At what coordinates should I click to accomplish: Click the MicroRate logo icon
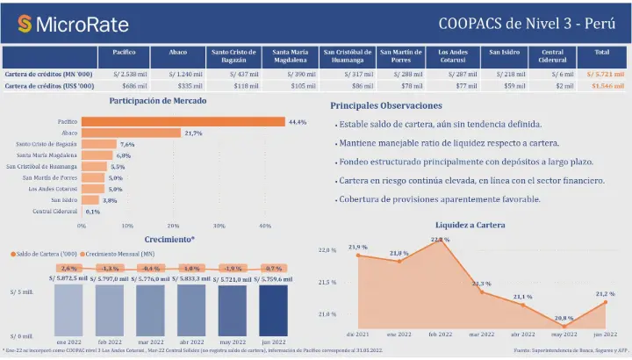[25, 23]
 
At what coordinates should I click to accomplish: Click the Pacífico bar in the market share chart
[183, 121]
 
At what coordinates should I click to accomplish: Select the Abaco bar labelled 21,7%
[132, 133]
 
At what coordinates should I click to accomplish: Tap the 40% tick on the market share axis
[265, 226]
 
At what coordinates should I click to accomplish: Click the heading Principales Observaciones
[392, 105]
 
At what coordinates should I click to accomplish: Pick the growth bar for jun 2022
[273, 310]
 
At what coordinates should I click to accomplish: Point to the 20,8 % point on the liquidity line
[564, 325]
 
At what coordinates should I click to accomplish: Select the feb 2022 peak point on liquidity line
[440, 241]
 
